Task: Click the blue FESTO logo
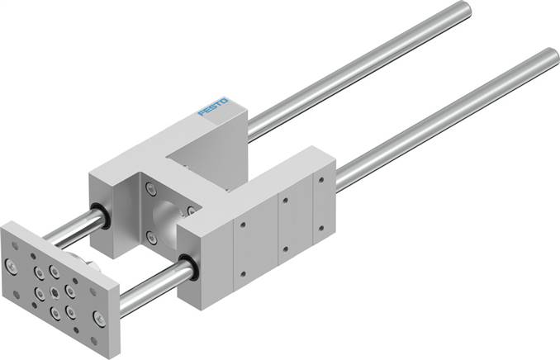214,107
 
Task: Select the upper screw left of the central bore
151,191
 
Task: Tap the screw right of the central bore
192,211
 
